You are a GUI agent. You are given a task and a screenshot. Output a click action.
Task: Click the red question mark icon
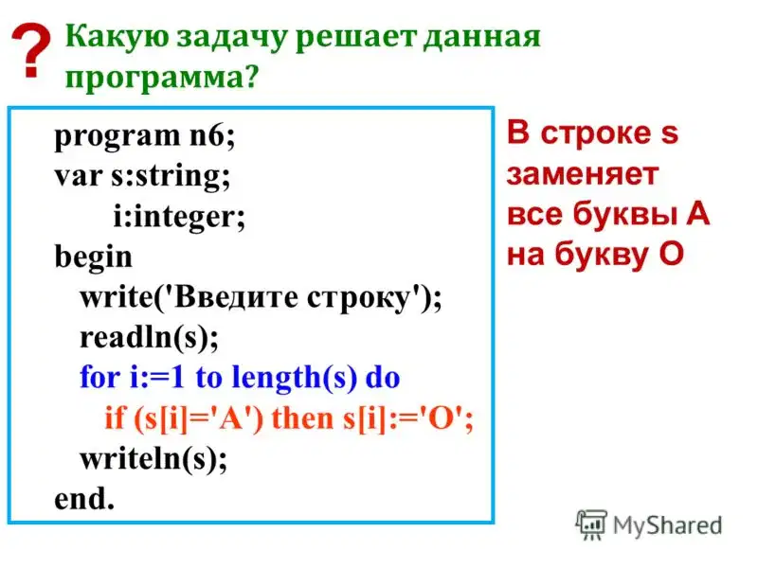coord(31,50)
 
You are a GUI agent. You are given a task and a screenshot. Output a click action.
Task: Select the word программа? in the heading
coord(162,78)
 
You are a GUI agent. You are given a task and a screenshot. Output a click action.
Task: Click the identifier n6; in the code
coord(211,135)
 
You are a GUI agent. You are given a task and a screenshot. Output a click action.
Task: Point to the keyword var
coord(79,176)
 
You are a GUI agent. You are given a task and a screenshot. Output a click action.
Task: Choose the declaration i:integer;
coord(179,217)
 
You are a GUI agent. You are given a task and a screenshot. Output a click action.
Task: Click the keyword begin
coord(93,257)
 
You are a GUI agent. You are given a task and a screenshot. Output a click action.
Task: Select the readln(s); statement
coord(149,337)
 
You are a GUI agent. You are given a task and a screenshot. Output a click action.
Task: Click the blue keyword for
coord(100,377)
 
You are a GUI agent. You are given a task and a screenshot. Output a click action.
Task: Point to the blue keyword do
coord(383,377)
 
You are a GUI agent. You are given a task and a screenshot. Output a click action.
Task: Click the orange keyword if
coord(115,417)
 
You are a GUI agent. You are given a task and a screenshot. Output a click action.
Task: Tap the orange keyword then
coord(303,418)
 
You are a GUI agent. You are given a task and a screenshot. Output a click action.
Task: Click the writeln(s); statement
coord(153,459)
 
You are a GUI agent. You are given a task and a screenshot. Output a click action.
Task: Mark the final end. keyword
coord(84,499)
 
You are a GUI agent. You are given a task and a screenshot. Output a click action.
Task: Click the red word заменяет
coord(583,174)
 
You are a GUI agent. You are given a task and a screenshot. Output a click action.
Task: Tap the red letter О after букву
coord(671,254)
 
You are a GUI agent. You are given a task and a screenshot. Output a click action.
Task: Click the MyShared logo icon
coord(590,524)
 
